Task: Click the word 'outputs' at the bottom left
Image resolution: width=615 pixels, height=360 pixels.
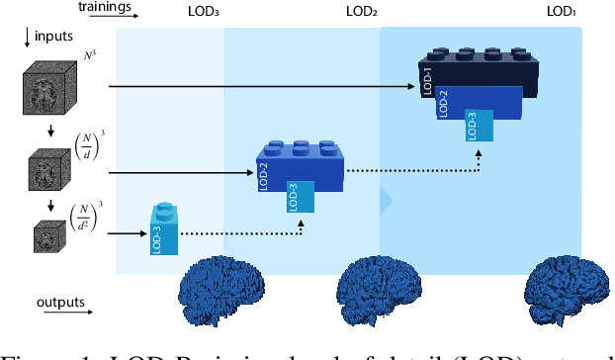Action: click(x=62, y=302)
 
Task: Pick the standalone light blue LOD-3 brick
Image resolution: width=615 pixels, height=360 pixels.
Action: click(x=163, y=230)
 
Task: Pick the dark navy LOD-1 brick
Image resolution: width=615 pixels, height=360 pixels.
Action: click(x=477, y=73)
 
